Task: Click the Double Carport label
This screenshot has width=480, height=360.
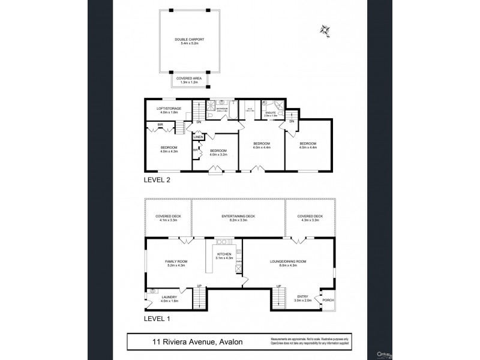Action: point(188,42)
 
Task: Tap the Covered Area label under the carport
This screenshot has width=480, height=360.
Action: point(188,80)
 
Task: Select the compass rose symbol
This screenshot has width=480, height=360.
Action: point(326,29)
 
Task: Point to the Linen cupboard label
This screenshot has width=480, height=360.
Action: point(199,137)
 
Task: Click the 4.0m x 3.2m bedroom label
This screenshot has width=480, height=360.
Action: point(218,152)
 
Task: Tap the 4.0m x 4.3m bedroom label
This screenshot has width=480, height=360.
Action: point(169,149)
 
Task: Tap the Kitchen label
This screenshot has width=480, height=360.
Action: point(224,256)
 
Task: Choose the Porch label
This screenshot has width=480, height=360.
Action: point(328,299)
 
